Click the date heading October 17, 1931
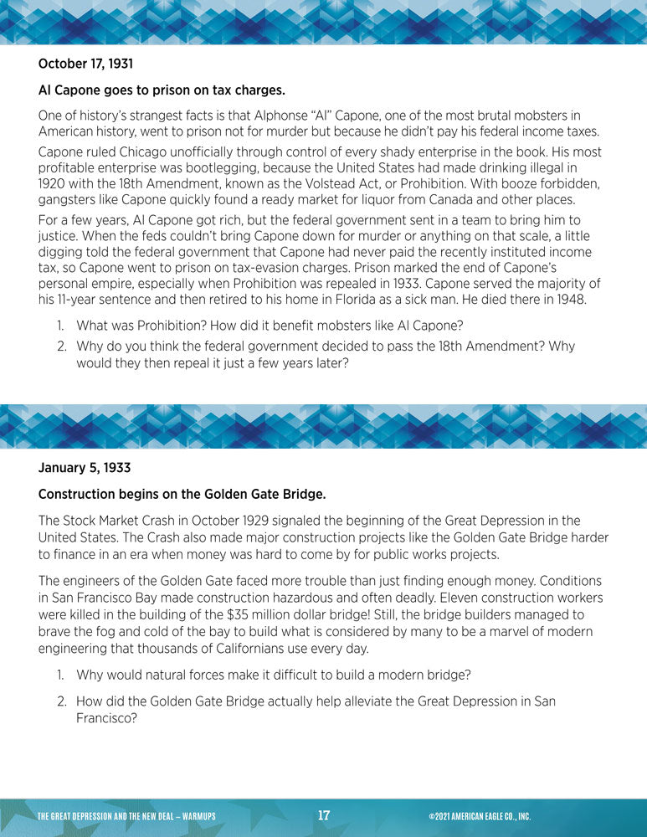click(85, 63)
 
